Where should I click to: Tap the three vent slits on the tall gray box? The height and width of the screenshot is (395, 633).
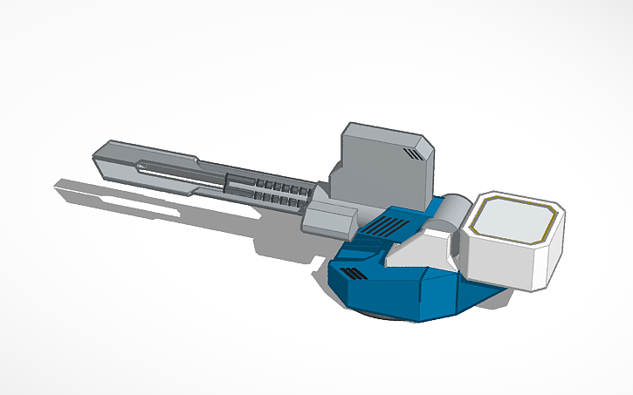(x=413, y=155)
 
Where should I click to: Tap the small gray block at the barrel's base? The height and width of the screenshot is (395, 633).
(x=328, y=216)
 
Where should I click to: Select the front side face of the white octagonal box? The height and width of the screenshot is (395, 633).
(x=498, y=262)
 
